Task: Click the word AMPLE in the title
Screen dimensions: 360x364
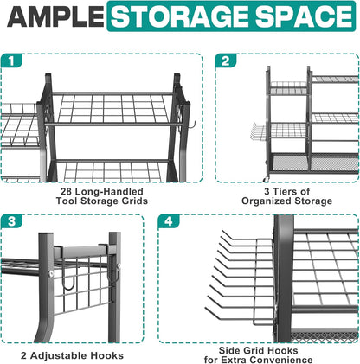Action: (55, 16)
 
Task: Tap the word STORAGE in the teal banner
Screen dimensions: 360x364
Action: (181, 16)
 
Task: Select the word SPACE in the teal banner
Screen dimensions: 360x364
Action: (305, 16)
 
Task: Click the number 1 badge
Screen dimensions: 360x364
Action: (11, 61)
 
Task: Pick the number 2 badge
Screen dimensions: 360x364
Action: (226, 61)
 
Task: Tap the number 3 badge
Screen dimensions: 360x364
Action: (11, 221)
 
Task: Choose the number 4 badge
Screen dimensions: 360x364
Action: (169, 221)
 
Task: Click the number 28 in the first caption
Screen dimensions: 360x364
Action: (67, 191)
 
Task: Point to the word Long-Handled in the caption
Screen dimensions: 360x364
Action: (109, 191)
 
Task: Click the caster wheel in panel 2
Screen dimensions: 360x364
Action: (266, 178)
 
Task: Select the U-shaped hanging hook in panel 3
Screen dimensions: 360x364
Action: (69, 275)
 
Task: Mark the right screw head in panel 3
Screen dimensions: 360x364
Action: (119, 265)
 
